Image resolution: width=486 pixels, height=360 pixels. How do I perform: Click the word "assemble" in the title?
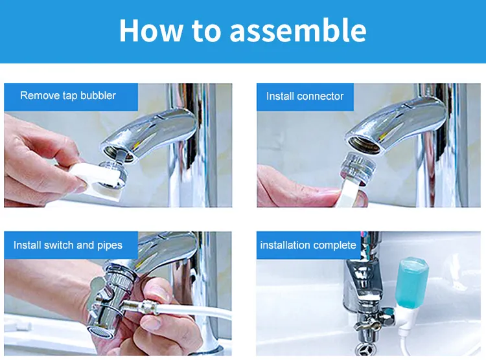298,30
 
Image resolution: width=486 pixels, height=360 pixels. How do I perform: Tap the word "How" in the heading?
151,30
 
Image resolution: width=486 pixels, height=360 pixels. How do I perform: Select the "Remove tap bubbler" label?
68,95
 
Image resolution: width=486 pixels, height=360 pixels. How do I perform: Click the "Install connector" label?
305,96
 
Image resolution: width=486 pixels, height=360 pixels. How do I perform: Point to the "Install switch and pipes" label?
68,245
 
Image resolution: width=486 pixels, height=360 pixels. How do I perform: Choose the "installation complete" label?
308,245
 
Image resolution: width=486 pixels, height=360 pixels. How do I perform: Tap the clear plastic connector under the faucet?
359,167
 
